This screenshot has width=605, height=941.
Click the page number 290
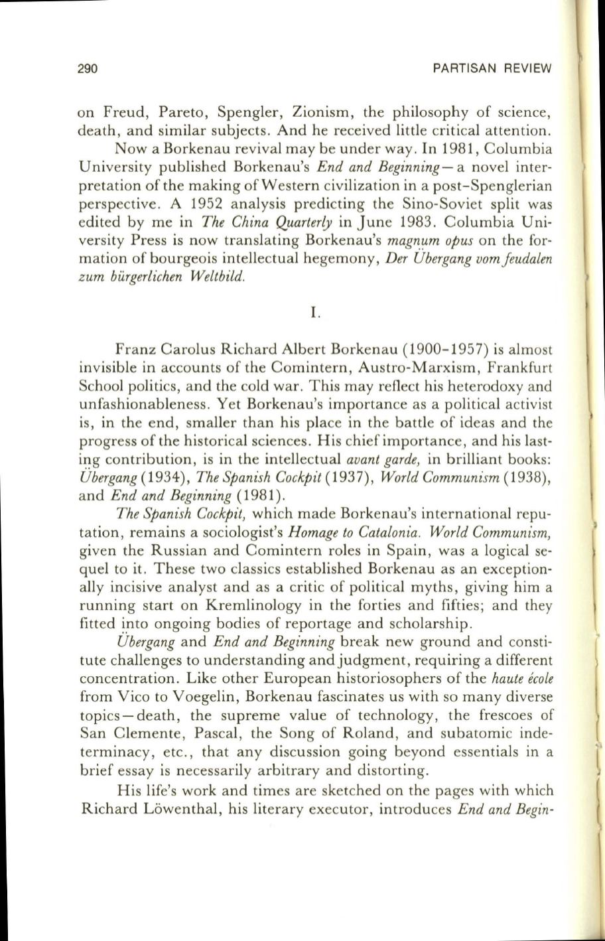click(x=88, y=68)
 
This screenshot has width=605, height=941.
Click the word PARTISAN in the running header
click(x=462, y=68)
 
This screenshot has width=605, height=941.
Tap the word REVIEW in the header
click(x=527, y=68)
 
